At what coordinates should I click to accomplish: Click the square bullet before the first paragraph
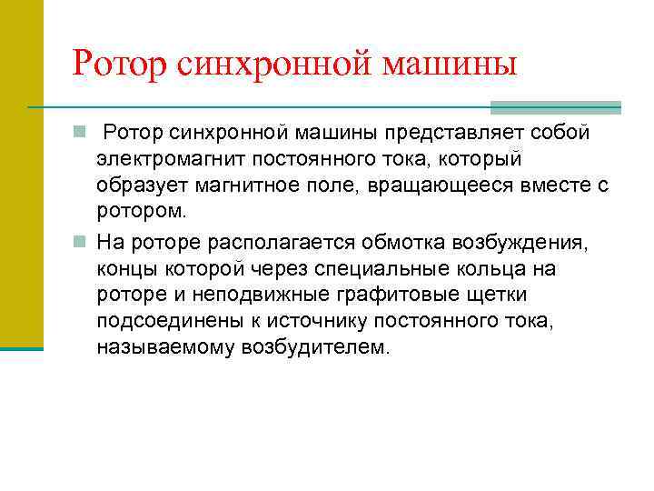click(80, 134)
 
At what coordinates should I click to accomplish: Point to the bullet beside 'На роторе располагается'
click(80, 243)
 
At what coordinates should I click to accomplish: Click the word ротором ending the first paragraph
click(140, 212)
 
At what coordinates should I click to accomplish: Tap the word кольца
click(506, 269)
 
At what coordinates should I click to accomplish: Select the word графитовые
click(388, 296)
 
